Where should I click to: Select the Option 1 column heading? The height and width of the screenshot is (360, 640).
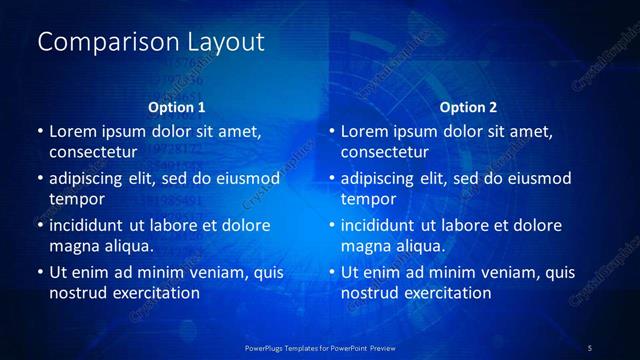(177, 107)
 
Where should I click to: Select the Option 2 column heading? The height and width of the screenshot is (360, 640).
(468, 107)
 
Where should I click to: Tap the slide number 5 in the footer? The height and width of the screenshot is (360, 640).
(589, 347)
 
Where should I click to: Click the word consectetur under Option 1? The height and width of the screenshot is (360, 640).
(92, 153)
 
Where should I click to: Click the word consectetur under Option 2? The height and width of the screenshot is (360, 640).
(384, 153)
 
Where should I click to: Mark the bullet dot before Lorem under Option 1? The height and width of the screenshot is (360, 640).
(39, 131)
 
